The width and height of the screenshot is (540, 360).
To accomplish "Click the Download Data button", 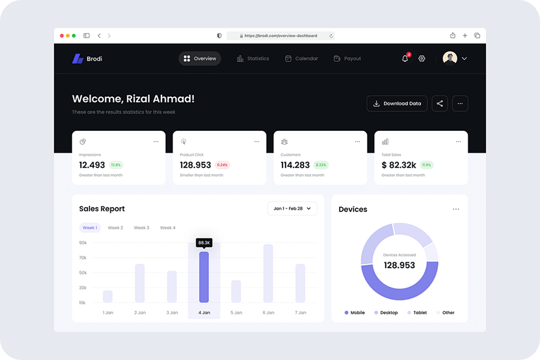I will coord(397,104).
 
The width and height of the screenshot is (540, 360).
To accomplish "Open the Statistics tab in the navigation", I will coord(253,59).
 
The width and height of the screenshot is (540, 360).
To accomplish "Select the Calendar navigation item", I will coord(301,59).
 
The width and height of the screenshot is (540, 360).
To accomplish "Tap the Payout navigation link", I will coord(347,59).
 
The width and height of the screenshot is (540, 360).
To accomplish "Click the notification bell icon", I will coord(405,59).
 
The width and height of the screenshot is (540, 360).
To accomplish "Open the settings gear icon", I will coord(422,59).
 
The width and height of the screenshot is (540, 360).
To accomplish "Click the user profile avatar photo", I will coord(450,58).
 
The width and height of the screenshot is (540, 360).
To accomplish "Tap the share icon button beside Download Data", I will coord(440,104).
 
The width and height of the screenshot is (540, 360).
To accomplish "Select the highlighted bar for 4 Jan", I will coord(204,277).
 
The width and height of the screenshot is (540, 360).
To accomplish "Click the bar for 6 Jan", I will coord(268,273).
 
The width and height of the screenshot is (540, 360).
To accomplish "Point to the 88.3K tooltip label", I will coord(204,242).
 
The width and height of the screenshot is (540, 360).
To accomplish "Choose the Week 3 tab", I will coord(142,228).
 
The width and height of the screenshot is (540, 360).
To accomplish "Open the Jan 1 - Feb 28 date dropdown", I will coord(292,209).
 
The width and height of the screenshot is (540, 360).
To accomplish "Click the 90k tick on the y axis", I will coord(83,243).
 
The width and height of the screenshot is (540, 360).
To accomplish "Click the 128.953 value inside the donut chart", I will coord(399,265).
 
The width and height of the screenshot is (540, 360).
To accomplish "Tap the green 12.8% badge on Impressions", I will coord(116,165).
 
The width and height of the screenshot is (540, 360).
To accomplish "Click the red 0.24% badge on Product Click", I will coord(223,165).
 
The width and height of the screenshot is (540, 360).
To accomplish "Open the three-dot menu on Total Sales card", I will coord(458,142).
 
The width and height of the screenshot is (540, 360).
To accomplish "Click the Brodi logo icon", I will coord(77,59).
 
